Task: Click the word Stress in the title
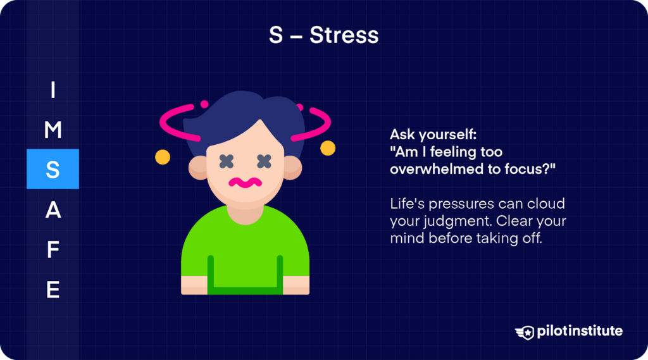pos(344,35)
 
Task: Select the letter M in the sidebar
pos(53,130)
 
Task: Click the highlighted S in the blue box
pos(53,170)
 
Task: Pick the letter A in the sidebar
pos(53,211)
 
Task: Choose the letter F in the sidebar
pos(53,251)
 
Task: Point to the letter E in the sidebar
pos(53,290)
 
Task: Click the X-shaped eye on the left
pos(227,161)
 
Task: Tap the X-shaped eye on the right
pos(265,161)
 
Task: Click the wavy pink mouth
pos(246,183)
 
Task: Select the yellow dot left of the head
pos(163,156)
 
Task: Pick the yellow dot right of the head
pos(328,149)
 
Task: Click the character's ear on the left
pos(197,167)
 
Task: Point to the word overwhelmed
pos(430,170)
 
